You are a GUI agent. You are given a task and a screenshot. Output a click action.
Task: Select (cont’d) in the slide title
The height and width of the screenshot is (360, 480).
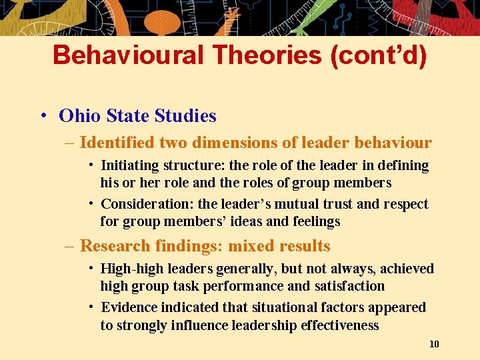[378, 55]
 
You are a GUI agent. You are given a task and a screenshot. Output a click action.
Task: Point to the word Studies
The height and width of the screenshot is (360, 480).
[185, 116]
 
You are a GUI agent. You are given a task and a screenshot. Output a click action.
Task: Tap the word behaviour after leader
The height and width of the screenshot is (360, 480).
[393, 143]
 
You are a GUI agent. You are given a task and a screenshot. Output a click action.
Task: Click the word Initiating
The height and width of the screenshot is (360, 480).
[129, 165]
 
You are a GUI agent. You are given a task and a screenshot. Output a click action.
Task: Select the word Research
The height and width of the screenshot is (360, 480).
[115, 246]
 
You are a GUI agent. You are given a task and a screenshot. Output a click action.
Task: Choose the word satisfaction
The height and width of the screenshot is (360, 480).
[349, 286]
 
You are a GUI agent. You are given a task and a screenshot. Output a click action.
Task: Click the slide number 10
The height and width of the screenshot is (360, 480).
[434, 344]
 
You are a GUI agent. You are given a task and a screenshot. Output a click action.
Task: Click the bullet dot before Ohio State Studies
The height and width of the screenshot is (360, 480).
[42, 116]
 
